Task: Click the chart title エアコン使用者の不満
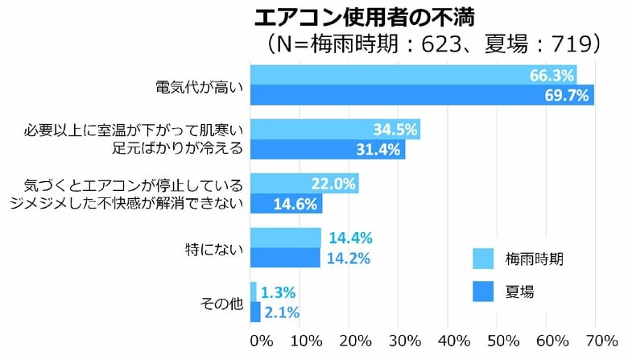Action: (x=348, y=17)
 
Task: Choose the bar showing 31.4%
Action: (x=328, y=150)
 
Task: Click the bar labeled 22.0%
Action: (x=304, y=184)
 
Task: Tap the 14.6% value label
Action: (x=296, y=205)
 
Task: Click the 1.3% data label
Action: (x=279, y=292)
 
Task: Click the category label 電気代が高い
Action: (x=198, y=85)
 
